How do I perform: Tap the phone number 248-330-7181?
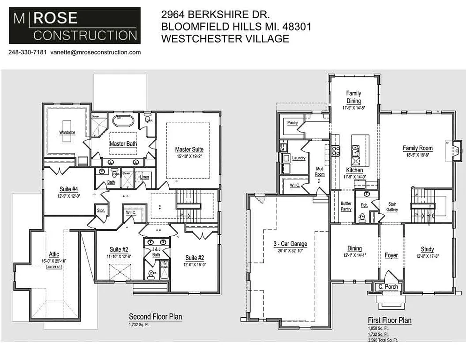coord(27,52)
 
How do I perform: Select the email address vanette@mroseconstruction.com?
coord(96,52)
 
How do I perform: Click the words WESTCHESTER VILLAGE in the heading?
coord(225,39)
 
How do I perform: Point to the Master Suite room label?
coord(189,150)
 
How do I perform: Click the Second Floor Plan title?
coord(155,317)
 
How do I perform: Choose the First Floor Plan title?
coord(390,321)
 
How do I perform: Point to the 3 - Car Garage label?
coord(291,244)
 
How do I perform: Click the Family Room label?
coord(417,148)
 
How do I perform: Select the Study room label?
coord(427,249)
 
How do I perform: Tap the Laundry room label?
coord(298,158)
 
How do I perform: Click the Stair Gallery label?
coord(392,207)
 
